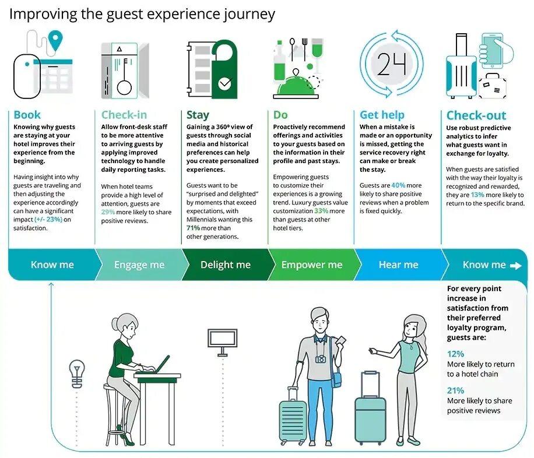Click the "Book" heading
pyautogui.click(x=27, y=115)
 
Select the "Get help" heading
pyautogui.click(x=382, y=115)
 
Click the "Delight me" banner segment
pyautogui.click(x=225, y=265)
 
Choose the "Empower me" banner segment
pyautogui.click(x=312, y=265)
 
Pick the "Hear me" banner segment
pyautogui.click(x=398, y=265)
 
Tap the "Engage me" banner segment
pyautogui.click(x=139, y=265)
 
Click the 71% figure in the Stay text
pyautogui.click(x=194, y=228)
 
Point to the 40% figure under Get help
pyautogui.click(x=398, y=185)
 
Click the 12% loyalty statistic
pyautogui.click(x=455, y=354)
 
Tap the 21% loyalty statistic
pyautogui.click(x=455, y=390)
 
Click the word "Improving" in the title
pyautogui.click(x=43, y=14)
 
